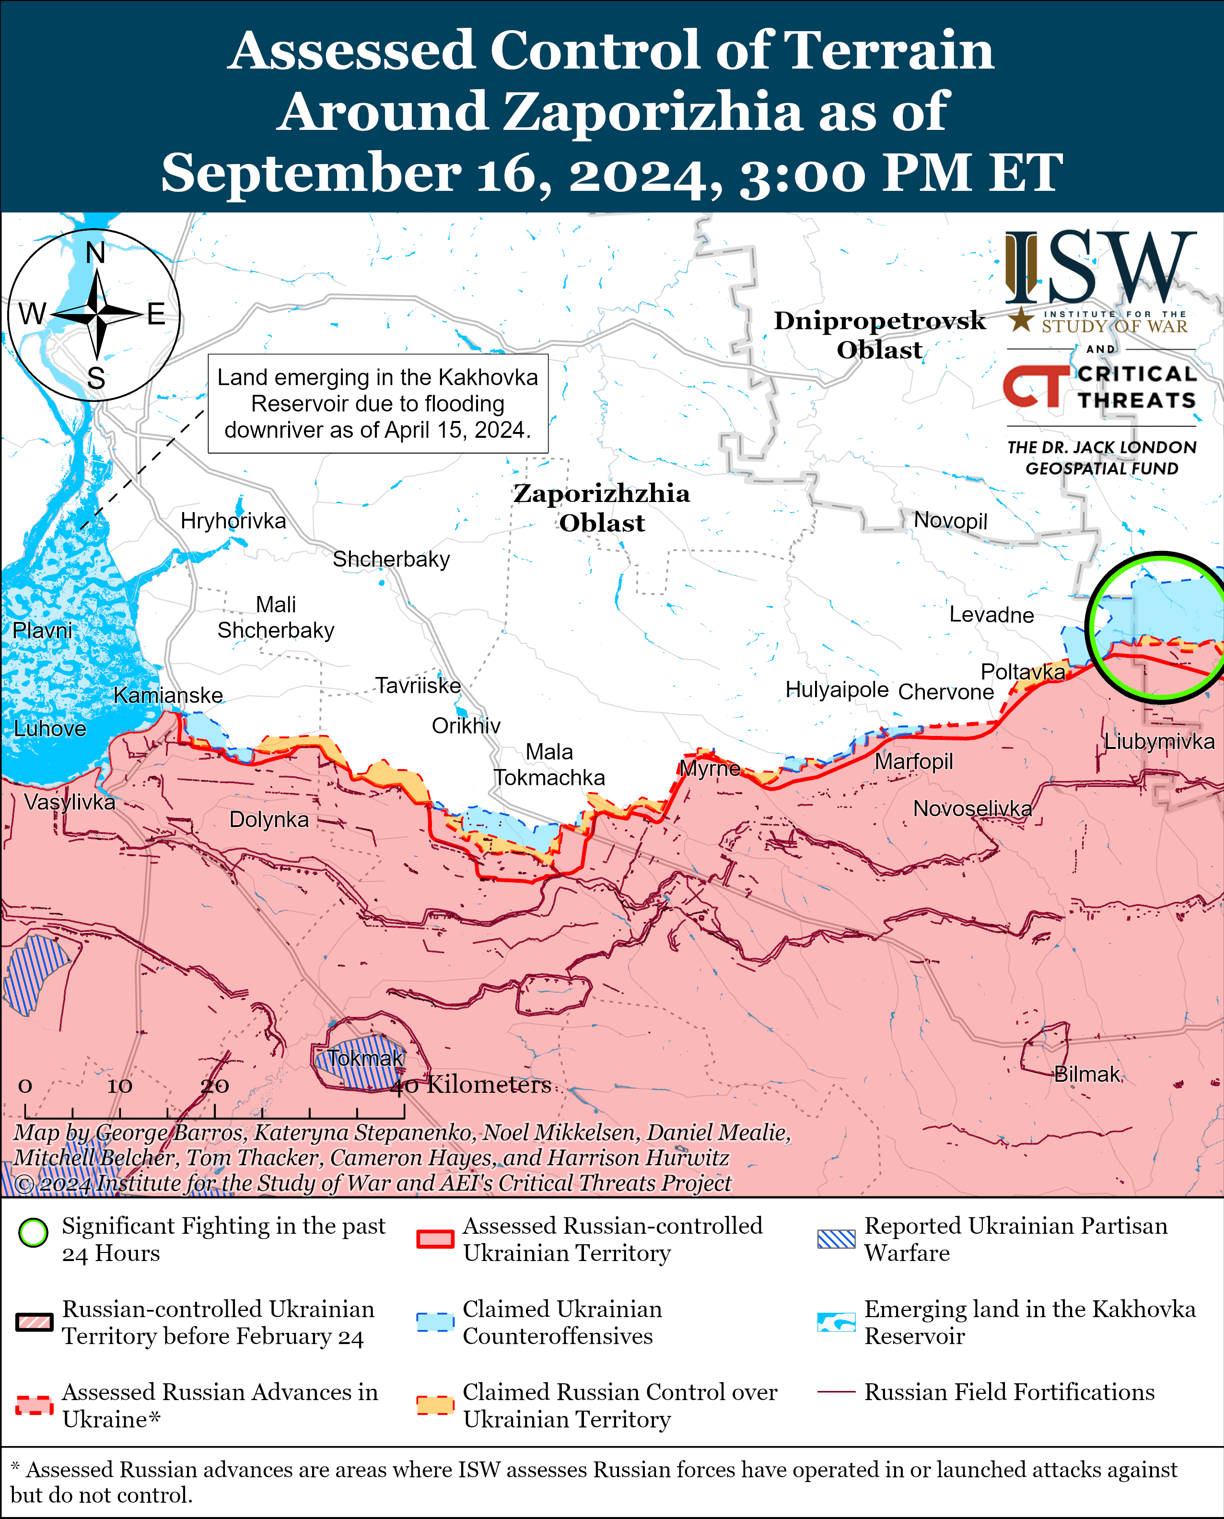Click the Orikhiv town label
tap(466, 725)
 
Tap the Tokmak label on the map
tap(365, 1058)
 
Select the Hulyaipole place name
tap(837, 689)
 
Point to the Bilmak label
tap(1086, 1074)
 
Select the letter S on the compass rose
tap(96, 379)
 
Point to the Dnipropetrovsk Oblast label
tap(879, 335)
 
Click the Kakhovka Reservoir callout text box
tap(378, 403)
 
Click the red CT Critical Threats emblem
tap(1036, 386)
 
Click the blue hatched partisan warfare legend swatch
tap(836, 1239)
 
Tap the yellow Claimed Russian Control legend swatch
tap(434, 1405)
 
